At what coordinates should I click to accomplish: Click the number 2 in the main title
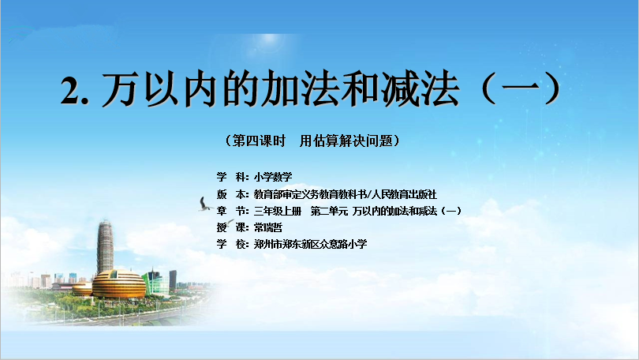coord(69,91)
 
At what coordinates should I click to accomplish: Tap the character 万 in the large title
coord(118,88)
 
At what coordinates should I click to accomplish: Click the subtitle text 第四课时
coord(259,141)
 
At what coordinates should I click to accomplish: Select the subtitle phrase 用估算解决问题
coord(346,141)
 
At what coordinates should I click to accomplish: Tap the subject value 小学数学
coord(273,177)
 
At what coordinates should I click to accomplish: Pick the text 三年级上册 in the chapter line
coord(278,212)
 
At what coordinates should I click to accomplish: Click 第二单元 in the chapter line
coord(329,212)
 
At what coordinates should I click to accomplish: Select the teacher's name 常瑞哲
coord(267,227)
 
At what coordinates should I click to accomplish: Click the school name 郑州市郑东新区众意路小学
coord(310,244)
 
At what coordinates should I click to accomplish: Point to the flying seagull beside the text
coord(204,204)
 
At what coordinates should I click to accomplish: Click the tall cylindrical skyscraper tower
coord(105,246)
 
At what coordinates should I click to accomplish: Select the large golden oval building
coord(118,284)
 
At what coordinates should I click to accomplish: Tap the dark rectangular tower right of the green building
coord(173,279)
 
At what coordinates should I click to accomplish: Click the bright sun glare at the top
coord(269,39)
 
